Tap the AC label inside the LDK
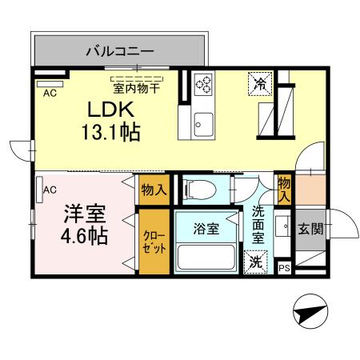pos(49,92)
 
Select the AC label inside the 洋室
pos(49,190)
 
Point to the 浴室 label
pos(206,229)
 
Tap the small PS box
pos(284,268)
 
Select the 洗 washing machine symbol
pos(255,261)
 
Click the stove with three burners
pos(203,83)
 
